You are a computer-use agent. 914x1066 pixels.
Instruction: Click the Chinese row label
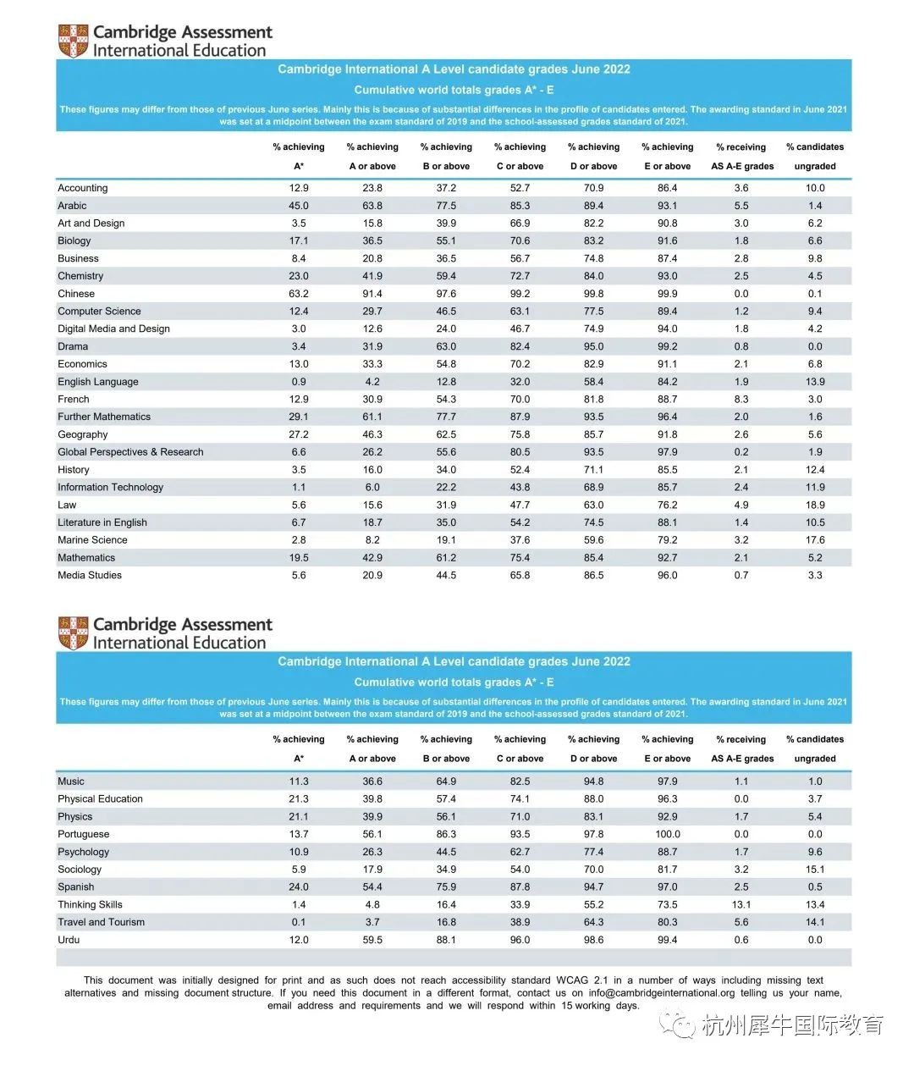(76, 294)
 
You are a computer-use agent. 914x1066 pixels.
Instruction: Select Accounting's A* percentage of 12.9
(299, 188)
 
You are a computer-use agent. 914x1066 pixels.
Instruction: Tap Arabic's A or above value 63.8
(372, 206)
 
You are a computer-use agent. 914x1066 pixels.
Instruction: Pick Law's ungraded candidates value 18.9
(815, 505)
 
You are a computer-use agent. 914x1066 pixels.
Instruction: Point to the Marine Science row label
(92, 540)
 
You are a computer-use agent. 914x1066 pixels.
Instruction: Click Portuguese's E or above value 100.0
(667, 834)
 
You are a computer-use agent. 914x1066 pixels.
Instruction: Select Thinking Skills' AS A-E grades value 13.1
(741, 904)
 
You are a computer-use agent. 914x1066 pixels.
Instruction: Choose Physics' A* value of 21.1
(299, 816)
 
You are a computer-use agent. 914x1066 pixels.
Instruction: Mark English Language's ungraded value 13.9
(815, 382)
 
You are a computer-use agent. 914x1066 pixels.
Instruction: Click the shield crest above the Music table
(73, 633)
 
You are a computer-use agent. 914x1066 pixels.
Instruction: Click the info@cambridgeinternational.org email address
(662, 993)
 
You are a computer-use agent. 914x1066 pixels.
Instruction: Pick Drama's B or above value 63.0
(446, 346)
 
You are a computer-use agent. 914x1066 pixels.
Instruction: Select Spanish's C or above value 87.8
(520, 886)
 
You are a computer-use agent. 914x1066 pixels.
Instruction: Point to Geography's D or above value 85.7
(593, 434)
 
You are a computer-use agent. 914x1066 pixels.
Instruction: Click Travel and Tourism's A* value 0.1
(299, 922)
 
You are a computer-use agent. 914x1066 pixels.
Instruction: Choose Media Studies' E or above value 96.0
(667, 575)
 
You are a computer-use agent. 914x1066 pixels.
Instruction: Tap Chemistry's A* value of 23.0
(299, 276)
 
